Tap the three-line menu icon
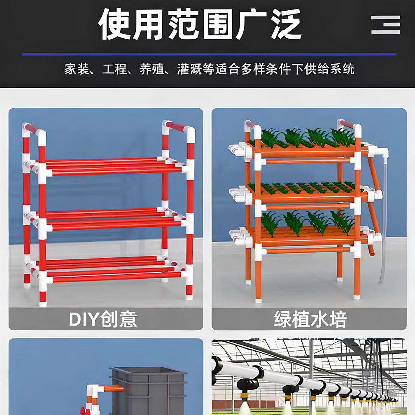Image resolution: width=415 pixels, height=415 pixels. pos(385,25)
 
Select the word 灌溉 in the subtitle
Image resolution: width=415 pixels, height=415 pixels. pos(189,69)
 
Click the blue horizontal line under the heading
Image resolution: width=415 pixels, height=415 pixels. pos(208,54)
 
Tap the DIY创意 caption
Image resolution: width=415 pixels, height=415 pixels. pos(103,319)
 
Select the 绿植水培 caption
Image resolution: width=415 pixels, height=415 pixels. pos(310,319)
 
